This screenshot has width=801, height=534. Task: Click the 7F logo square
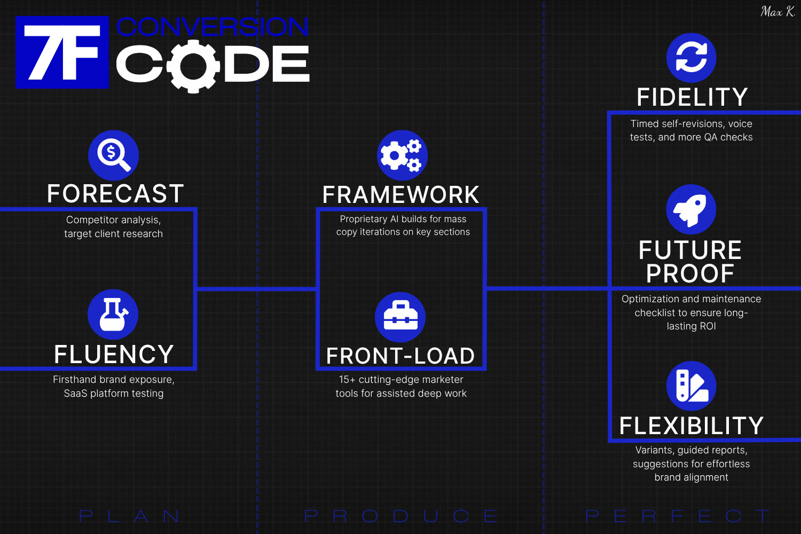coord(62,52)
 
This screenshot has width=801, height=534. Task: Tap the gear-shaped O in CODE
coord(193,66)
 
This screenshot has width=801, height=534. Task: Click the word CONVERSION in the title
coord(212,27)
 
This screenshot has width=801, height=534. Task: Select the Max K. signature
coord(778,12)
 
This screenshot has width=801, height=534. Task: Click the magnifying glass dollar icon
coord(113,155)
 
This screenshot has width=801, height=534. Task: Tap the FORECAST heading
coord(115,194)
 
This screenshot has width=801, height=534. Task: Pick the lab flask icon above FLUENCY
coord(113,314)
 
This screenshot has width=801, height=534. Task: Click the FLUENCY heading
coord(114,355)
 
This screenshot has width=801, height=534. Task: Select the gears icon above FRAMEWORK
coord(402,155)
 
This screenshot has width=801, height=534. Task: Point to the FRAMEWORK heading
coord(401,195)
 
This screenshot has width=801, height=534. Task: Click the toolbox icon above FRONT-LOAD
coord(400,317)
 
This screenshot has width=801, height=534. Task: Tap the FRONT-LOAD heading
coord(400,356)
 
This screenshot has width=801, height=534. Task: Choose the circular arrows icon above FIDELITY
coord(691,58)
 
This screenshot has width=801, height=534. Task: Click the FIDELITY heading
coord(692,97)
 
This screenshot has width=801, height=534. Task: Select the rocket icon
coord(691,209)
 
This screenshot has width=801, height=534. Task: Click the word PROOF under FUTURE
coord(690,274)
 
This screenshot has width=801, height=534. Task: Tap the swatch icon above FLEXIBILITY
coord(691,386)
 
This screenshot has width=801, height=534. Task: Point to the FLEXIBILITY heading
coord(692,426)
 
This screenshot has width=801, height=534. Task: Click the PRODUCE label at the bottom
coord(400,516)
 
